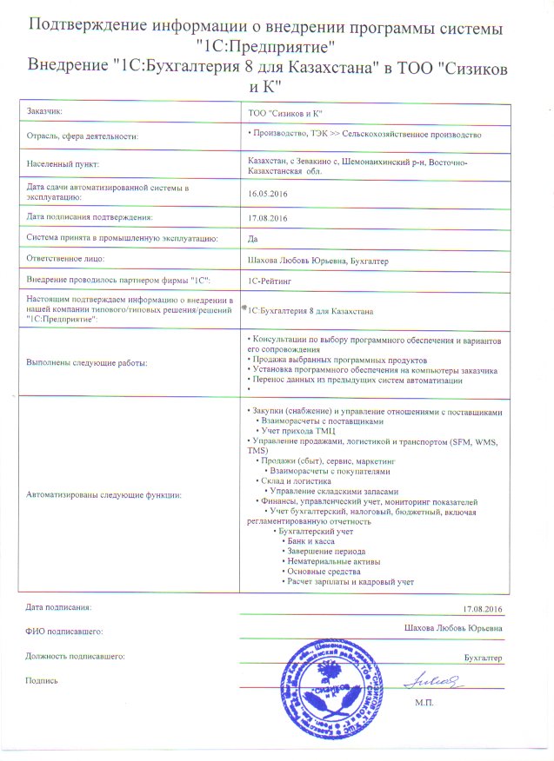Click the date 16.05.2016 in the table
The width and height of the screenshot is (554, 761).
click(268, 195)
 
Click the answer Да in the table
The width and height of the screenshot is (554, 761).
click(253, 237)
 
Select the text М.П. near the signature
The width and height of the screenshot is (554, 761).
click(426, 701)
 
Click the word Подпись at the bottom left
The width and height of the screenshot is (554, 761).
click(42, 680)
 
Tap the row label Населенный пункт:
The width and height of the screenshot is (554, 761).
click(63, 164)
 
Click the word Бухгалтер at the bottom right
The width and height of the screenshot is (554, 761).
click(484, 658)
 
